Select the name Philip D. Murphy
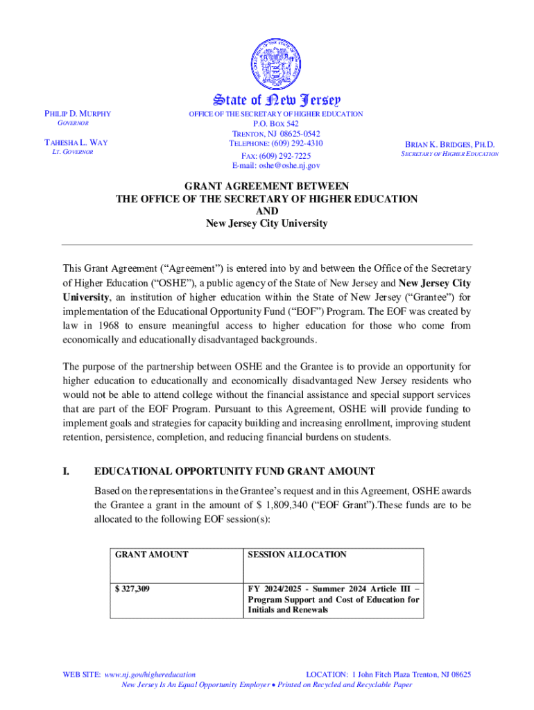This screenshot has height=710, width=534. [78, 114]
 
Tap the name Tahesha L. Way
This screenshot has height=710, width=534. [76, 143]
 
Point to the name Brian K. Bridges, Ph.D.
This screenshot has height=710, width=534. [449, 145]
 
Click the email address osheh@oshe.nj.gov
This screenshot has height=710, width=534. [276, 166]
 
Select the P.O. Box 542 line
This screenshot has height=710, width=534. [276, 123]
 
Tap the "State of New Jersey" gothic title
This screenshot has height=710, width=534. [266, 101]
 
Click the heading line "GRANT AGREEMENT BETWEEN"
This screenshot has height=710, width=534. [266, 187]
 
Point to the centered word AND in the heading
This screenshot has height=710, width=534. [266, 211]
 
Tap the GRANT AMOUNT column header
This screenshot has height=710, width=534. [151, 555]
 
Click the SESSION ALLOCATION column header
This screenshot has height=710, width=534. [297, 555]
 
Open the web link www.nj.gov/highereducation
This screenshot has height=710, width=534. [149, 674]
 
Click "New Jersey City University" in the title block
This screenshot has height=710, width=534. [266, 224]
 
